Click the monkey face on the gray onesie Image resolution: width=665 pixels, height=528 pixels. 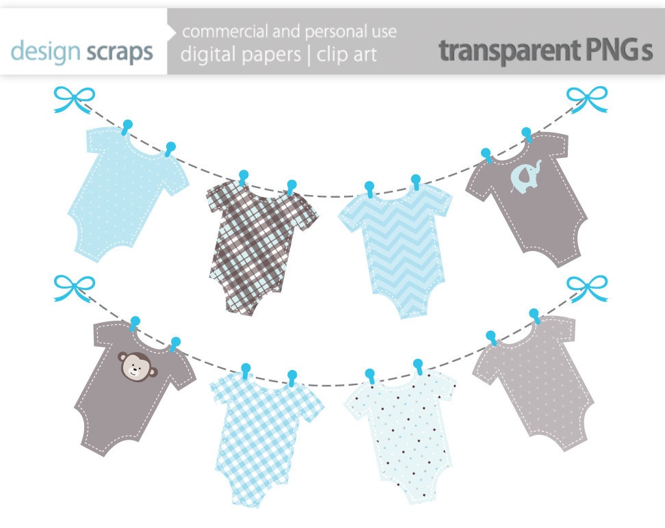[x=138, y=365]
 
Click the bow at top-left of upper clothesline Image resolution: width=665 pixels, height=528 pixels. [x=74, y=100]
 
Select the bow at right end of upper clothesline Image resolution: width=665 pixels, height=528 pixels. [x=588, y=99]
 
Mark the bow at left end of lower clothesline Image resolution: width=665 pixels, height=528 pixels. [x=74, y=288]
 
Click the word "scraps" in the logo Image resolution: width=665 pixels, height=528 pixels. [x=120, y=52]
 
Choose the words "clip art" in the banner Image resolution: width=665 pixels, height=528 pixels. [x=347, y=55]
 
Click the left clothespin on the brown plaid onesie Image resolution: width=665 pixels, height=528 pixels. [x=243, y=177]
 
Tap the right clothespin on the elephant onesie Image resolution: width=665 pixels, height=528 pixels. [x=527, y=134]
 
